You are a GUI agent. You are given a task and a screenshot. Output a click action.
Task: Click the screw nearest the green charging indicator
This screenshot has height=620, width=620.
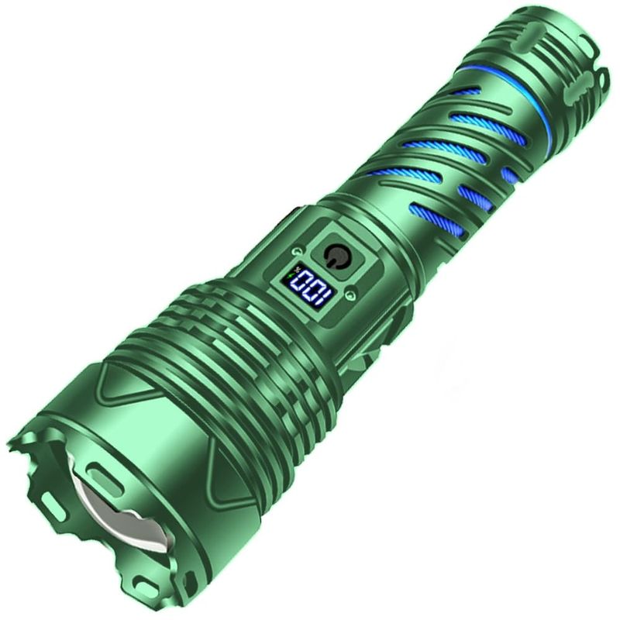[x=298, y=251]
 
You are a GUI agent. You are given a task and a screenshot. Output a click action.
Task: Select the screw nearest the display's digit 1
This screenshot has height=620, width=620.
[x=350, y=294]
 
